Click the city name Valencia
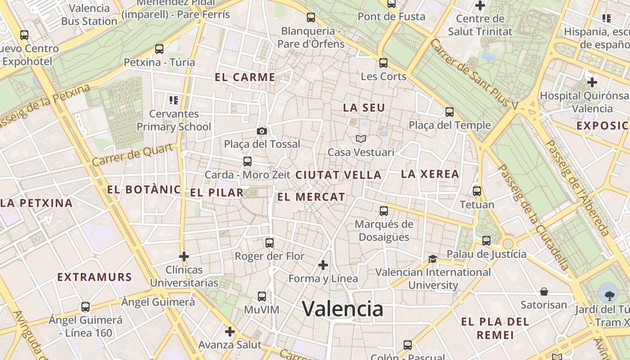click(x=342, y=309)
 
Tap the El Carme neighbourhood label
click(x=245, y=77)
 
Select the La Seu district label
click(x=364, y=108)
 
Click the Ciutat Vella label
click(x=338, y=175)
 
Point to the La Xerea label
click(x=430, y=174)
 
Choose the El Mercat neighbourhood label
click(x=311, y=197)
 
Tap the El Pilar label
click(x=216, y=193)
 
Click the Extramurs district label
click(x=94, y=277)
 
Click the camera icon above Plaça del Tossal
click(x=262, y=131)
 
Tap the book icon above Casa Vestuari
click(x=361, y=139)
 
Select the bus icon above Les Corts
click(x=383, y=63)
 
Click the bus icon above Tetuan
click(x=477, y=191)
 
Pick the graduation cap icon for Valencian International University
click(x=432, y=259)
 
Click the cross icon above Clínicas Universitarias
click(x=184, y=256)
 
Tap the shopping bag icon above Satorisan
click(x=544, y=292)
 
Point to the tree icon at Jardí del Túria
click(x=609, y=295)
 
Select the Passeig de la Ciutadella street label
click(x=534, y=217)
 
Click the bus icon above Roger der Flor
click(x=270, y=243)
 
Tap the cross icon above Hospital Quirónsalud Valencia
click(x=592, y=82)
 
